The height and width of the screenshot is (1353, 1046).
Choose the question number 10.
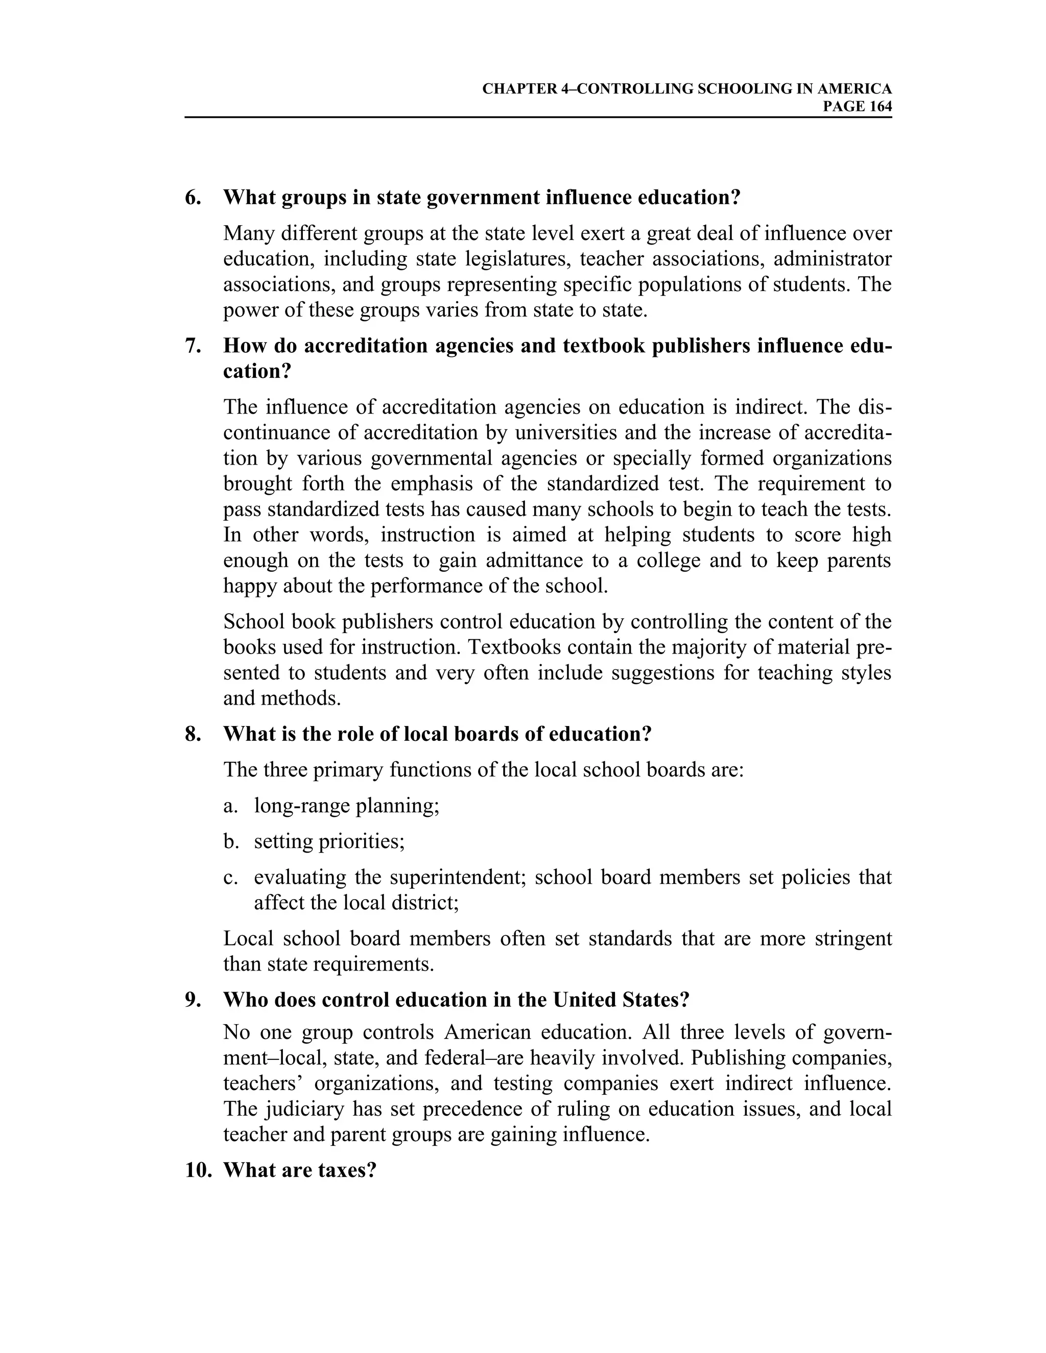(x=198, y=1170)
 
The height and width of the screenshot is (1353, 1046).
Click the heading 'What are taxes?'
(x=300, y=1170)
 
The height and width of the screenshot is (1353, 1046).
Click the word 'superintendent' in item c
(x=457, y=877)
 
